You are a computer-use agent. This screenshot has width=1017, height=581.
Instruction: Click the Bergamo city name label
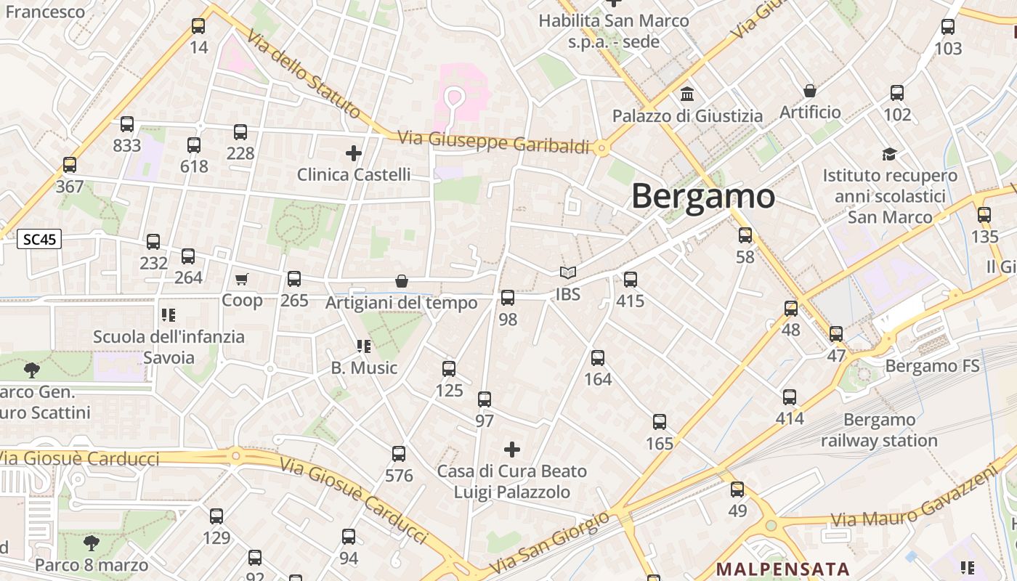tap(703, 196)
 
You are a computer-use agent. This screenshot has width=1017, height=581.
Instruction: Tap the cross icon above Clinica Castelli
tap(354, 153)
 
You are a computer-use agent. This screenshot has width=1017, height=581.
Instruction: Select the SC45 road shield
tap(39, 239)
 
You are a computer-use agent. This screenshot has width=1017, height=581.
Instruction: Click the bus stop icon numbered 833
tap(127, 124)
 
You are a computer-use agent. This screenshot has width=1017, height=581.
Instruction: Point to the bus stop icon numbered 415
tap(630, 280)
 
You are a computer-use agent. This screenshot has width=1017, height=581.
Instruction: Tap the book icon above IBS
tap(567, 273)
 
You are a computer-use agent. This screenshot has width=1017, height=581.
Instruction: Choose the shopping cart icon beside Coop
tap(242, 279)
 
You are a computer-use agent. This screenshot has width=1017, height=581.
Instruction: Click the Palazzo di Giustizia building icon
tap(687, 94)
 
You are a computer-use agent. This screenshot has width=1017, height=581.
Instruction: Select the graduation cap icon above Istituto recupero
tap(889, 154)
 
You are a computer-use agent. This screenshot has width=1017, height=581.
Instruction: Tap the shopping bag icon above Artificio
tap(809, 91)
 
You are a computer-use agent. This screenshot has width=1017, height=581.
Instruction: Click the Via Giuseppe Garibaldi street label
tap(493, 142)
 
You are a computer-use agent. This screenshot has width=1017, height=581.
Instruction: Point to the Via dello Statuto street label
tap(303, 73)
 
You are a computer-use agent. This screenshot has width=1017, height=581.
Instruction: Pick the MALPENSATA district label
tap(783, 569)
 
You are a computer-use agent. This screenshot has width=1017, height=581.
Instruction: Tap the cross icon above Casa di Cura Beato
tap(512, 450)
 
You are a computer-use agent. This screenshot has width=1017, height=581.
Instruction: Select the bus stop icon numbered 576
tap(399, 454)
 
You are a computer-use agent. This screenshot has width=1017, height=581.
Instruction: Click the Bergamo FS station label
tap(932, 366)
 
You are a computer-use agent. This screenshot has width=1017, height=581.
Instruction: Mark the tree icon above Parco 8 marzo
tap(91, 543)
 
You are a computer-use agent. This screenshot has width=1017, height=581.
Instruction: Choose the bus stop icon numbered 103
tap(948, 27)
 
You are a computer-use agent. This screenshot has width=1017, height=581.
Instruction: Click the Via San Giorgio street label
tap(550, 542)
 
